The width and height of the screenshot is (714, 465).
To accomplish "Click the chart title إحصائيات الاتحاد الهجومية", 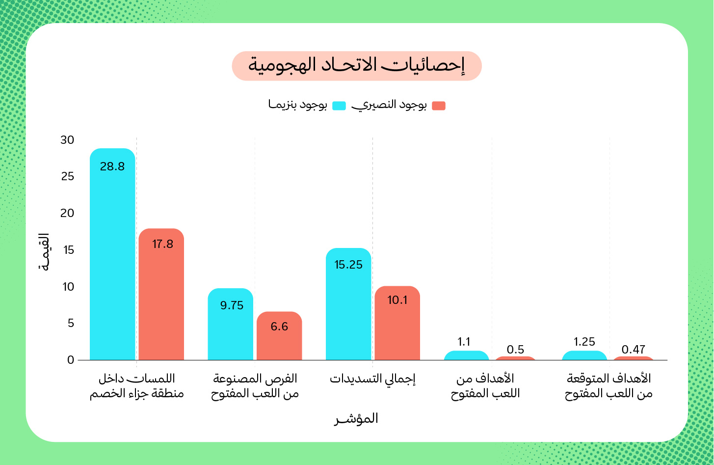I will pyautogui.click(x=357, y=66).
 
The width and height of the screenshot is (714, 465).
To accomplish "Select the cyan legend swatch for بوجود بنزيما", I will pyautogui.click(x=339, y=106).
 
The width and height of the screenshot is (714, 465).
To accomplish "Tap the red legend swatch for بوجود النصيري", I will pyautogui.click(x=439, y=106).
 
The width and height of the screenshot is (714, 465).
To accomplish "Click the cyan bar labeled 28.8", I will pyautogui.click(x=112, y=255).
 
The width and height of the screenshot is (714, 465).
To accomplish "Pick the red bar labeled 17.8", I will pyautogui.click(x=161, y=295).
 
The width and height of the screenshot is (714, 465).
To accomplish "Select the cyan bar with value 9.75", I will pyautogui.click(x=231, y=325).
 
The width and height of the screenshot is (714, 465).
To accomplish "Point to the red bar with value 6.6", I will pyautogui.click(x=279, y=336).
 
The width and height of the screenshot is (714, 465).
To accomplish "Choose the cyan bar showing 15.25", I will pyautogui.click(x=348, y=304).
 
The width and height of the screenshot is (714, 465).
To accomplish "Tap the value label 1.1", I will pyautogui.click(x=464, y=342).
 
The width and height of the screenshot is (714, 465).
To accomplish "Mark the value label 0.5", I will pyautogui.click(x=515, y=350).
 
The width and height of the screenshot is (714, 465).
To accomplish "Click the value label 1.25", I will pyautogui.click(x=584, y=342).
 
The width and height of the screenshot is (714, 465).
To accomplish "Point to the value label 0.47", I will pyautogui.click(x=633, y=350).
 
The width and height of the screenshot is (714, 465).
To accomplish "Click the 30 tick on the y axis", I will pyautogui.click(x=68, y=140).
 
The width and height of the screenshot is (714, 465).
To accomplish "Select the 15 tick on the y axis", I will pyautogui.click(x=68, y=250).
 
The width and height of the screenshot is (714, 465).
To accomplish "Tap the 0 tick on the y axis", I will pyautogui.click(x=71, y=360).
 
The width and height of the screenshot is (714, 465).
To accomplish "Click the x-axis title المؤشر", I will pyautogui.click(x=357, y=419).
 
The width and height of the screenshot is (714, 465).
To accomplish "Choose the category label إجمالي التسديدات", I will pyautogui.click(x=372, y=379).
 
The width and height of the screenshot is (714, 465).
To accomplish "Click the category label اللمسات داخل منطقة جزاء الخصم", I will pyautogui.click(x=136, y=386).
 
